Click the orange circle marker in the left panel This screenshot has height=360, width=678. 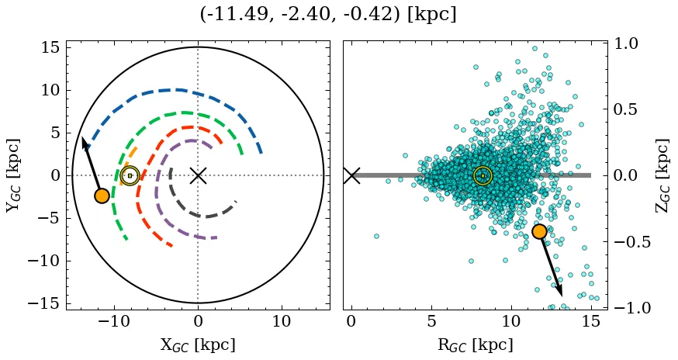pos(102,196)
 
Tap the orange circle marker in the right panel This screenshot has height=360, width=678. pos(539,231)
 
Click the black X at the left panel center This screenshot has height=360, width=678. pos(198,175)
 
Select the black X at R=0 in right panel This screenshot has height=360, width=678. pos(351,175)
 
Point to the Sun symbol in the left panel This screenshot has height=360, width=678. pos(130,176)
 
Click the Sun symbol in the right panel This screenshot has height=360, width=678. pos(483,176)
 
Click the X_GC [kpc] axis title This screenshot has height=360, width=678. pos(198,345)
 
